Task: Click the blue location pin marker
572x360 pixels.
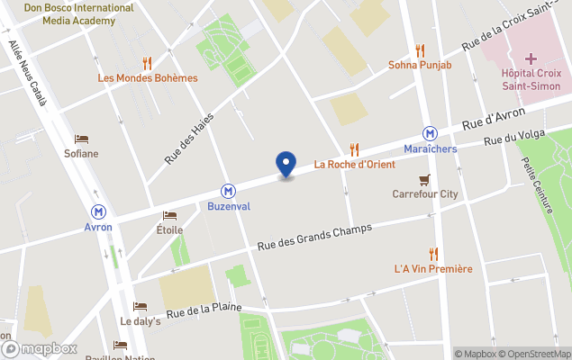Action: (286, 164)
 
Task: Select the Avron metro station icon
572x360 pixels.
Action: (98, 211)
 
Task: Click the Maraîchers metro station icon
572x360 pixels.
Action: (431, 133)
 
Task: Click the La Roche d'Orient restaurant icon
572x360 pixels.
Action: (355, 149)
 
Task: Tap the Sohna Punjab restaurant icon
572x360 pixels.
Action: (420, 50)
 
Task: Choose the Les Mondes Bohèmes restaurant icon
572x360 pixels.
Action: (147, 63)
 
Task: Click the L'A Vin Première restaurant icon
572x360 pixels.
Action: (434, 254)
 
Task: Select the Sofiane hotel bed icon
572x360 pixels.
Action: (81, 139)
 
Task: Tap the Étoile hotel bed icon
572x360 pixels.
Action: (169, 216)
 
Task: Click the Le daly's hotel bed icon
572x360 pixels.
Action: (140, 307)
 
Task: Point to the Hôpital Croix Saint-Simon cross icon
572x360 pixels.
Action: (531, 58)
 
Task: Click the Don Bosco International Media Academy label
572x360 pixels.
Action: (78, 13)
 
